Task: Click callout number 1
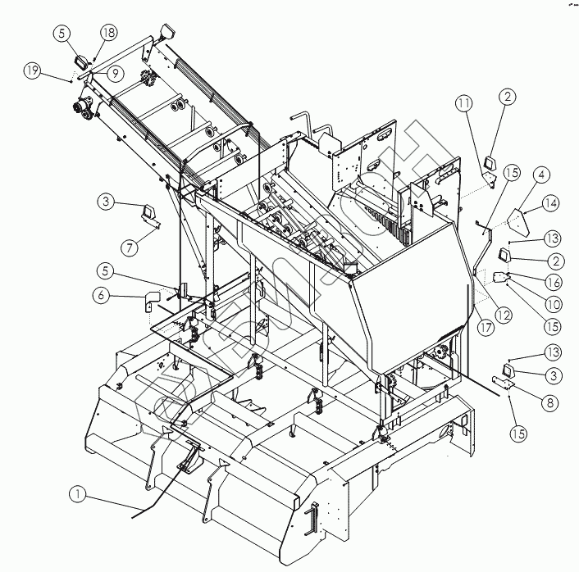tap(77, 494)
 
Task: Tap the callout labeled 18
tap(110, 32)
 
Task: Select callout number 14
tap(549, 202)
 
